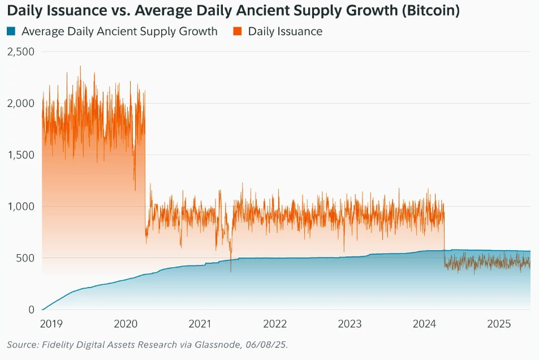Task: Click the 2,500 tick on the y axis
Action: (20, 52)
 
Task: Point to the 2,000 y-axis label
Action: (20, 103)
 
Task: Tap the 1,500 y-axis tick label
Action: (20, 155)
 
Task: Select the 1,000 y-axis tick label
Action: (20, 206)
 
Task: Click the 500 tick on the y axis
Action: (25, 258)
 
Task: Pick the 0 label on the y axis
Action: (31, 310)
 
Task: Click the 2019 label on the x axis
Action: (51, 324)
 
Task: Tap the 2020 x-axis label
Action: (126, 324)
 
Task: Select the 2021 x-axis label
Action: (200, 324)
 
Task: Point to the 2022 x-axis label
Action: (275, 324)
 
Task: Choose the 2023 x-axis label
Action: (350, 324)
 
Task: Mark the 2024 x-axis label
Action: (424, 324)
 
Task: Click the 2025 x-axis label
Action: (499, 324)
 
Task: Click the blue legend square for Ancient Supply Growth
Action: (11, 32)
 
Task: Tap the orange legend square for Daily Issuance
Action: (238, 32)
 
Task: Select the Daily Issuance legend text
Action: (285, 32)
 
